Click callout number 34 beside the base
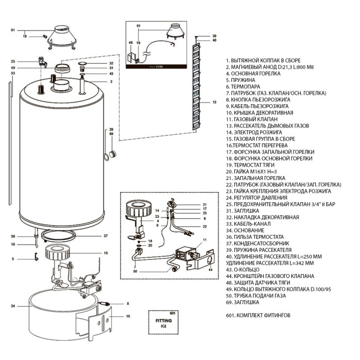pos(13,305)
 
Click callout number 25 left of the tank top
pos(13,61)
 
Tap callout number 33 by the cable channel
pos(13,73)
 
